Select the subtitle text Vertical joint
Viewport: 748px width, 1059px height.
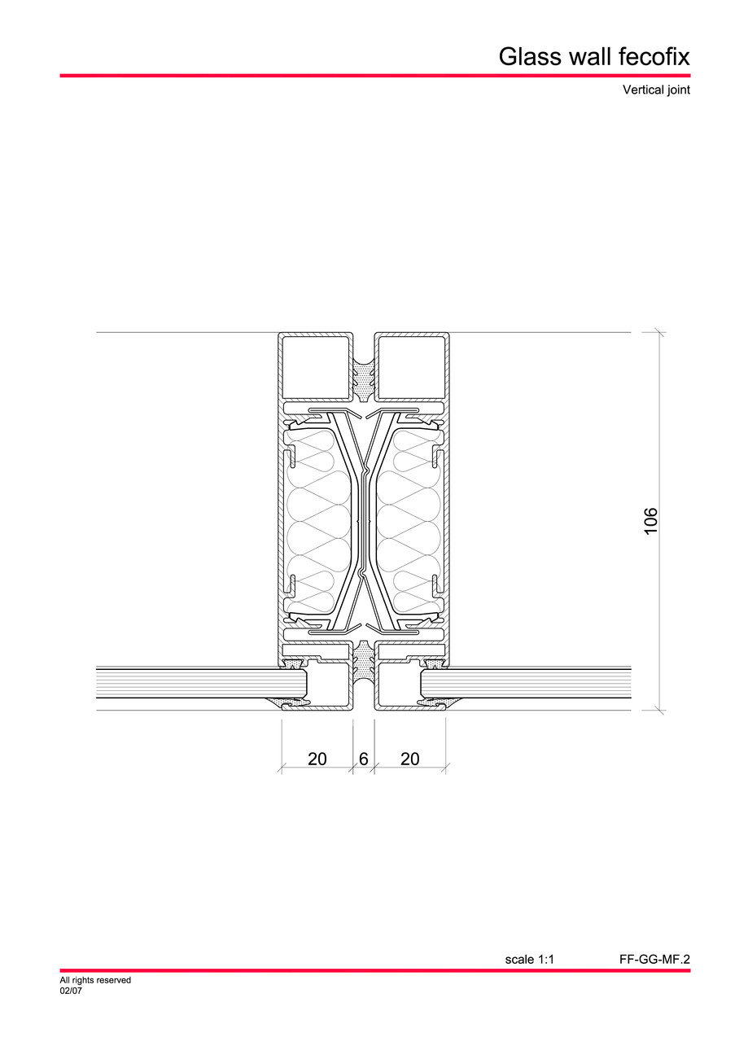point(656,90)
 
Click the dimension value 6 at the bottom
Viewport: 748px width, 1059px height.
point(364,759)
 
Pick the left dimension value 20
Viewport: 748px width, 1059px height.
point(317,759)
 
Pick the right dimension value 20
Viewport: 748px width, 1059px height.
point(410,759)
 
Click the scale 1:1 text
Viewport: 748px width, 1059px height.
point(529,960)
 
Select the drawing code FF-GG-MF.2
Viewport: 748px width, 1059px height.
point(654,960)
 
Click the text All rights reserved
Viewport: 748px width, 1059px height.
point(95,981)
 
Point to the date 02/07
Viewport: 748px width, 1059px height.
point(71,991)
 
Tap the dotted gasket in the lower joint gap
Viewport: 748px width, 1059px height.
point(364,661)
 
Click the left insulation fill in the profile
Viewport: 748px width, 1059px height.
point(322,521)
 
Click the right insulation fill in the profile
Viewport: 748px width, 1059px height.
point(407,521)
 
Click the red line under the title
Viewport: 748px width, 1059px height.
point(374,76)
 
